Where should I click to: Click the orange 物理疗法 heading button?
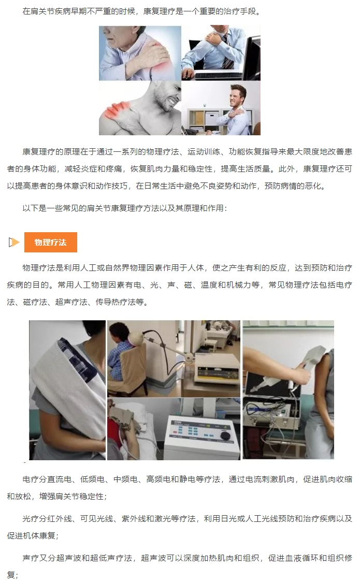[x=51, y=243]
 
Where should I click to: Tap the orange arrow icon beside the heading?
[x=14, y=243]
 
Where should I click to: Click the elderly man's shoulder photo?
[x=140, y=53]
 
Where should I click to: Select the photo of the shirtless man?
[x=140, y=108]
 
